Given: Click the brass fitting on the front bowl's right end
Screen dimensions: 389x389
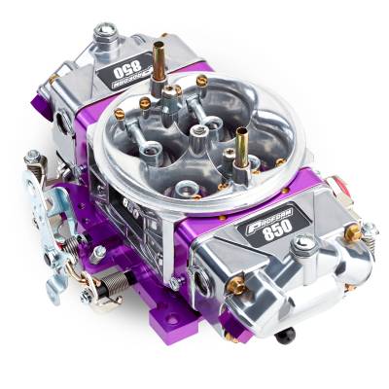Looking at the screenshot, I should (353, 232).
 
